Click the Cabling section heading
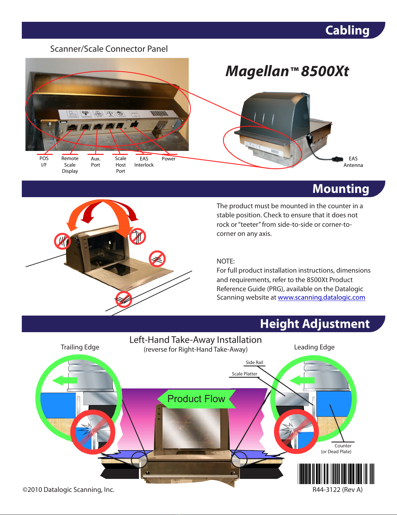[347, 30]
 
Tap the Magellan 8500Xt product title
[287, 71]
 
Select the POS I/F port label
[44, 162]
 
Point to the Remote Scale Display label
[70, 165]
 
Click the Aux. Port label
[96, 162]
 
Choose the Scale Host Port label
[121, 165]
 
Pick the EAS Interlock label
[144, 162]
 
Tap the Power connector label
[169, 159]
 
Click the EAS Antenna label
[353, 162]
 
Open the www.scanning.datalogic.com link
[322, 297]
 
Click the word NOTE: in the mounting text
[226, 261]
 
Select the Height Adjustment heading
[315, 324]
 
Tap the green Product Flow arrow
[196, 399]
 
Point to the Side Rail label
[254, 362]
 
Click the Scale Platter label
[244, 374]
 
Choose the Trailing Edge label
[80, 347]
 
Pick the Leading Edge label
[314, 347]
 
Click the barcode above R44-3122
[336, 474]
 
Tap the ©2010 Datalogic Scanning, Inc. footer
[69, 490]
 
